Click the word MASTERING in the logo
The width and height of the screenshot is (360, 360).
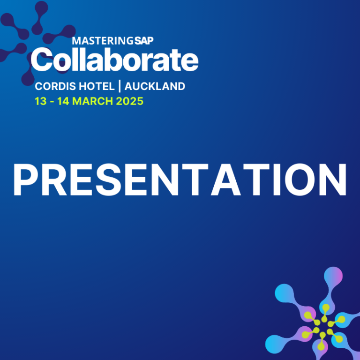coord(102,41)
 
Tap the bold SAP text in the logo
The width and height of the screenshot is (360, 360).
coord(144,41)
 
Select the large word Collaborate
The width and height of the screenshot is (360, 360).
coord(114,60)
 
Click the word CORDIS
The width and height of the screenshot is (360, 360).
coord(55,86)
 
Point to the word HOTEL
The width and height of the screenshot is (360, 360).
coord(97,86)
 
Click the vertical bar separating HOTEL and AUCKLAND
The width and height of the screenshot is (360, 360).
coord(120,86)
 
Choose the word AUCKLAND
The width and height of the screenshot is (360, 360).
coord(155,86)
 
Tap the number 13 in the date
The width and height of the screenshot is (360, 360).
coord(41,101)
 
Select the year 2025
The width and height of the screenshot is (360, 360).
coord(130,101)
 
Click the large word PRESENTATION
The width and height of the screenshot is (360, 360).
coord(180,180)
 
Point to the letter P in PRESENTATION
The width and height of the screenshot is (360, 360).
coord(25,180)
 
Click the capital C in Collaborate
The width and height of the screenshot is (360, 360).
coord(43,60)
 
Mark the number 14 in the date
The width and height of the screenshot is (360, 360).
coord(63,101)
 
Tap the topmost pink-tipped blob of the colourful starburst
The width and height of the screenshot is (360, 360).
coord(333,276)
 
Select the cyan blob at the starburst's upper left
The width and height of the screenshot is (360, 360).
coord(284,293)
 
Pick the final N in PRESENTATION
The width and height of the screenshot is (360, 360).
coord(333,180)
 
